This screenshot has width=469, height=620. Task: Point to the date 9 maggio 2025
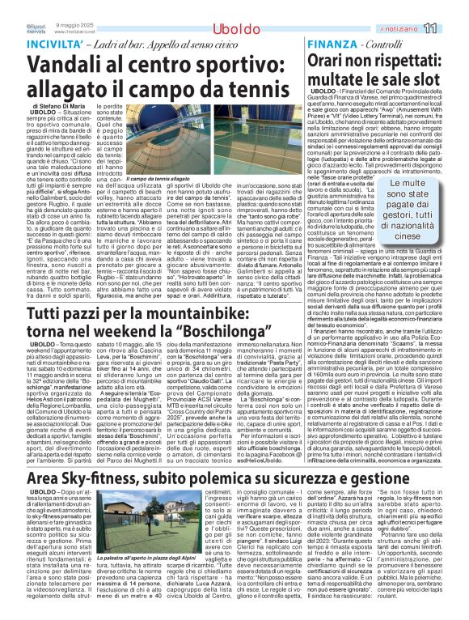click(x=75, y=25)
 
